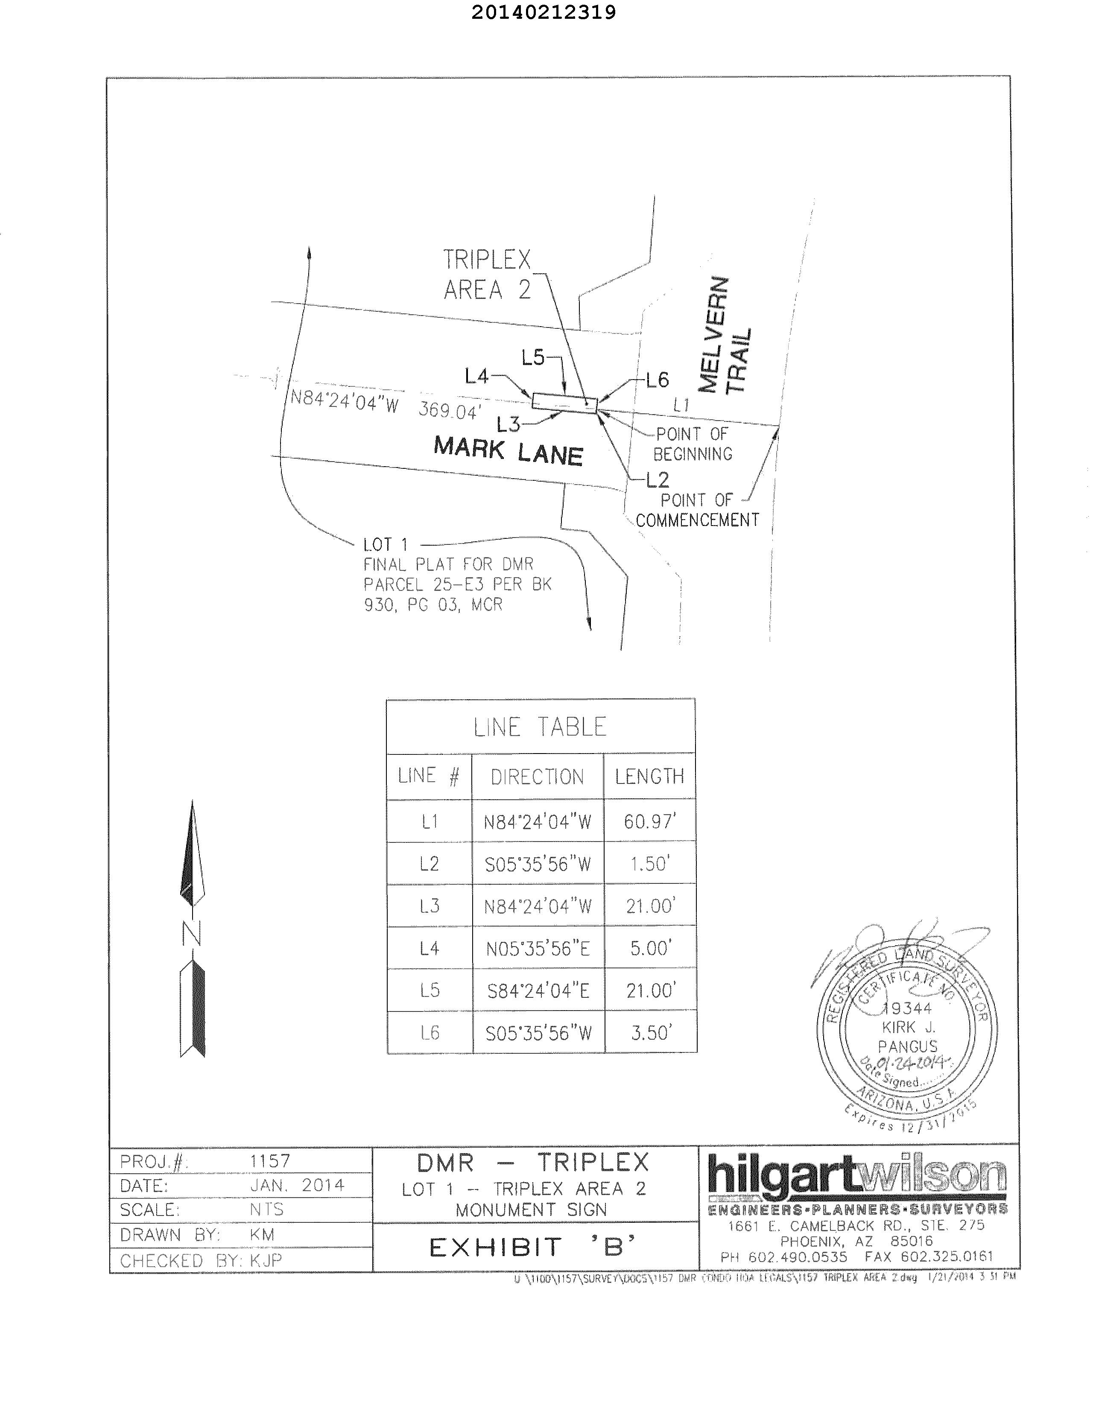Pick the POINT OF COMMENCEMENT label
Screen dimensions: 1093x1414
click(x=697, y=510)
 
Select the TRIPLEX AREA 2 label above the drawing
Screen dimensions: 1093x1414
click(x=487, y=275)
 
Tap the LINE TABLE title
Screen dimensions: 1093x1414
click(x=540, y=727)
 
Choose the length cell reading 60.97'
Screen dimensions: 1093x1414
click(x=649, y=821)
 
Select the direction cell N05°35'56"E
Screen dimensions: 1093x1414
click(x=538, y=949)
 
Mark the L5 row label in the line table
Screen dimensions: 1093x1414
click(x=429, y=990)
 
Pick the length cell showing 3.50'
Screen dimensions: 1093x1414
click(x=650, y=1033)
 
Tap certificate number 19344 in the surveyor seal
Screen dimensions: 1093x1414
click(x=908, y=1008)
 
